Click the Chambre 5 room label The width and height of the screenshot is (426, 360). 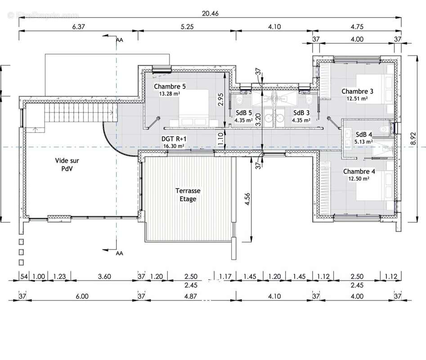tap(170, 86)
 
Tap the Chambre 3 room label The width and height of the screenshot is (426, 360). tap(357, 91)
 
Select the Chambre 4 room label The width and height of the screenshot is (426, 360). tap(359, 171)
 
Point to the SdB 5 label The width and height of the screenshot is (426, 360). tap(244, 112)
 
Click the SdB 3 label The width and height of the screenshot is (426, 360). tap(301, 112)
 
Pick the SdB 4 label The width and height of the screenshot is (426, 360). tap(364, 134)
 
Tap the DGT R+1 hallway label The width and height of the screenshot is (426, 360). tap(174, 139)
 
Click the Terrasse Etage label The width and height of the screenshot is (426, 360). tap(188, 195)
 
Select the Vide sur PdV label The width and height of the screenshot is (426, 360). tap(67, 164)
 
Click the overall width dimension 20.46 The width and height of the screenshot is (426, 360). tap(210, 13)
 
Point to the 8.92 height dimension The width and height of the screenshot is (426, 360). tap(413, 139)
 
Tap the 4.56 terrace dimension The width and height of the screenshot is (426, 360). tap(247, 199)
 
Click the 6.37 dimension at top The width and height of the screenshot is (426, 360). tap(78, 27)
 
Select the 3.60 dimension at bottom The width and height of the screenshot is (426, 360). tap(104, 276)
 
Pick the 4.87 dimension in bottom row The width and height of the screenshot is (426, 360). tap(190, 296)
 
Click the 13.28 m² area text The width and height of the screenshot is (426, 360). tap(170, 94)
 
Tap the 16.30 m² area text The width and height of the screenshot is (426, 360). tap(174, 146)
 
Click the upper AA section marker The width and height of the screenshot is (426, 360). tap(119, 40)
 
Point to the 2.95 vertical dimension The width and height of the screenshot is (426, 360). tap(220, 99)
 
